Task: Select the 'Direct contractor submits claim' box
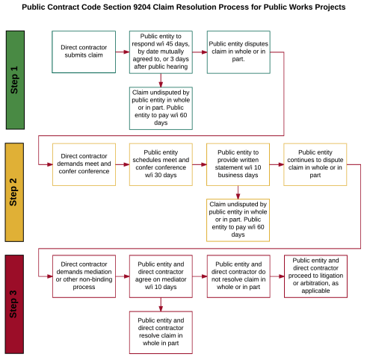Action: [x=83, y=52]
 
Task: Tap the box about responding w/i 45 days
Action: [x=160, y=52]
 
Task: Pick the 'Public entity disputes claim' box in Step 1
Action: [x=237, y=52]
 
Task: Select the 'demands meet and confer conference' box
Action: [x=83, y=164]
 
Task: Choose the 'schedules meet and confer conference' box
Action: [x=160, y=164]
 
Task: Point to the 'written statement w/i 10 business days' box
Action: [x=237, y=164]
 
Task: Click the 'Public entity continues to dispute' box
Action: [x=314, y=164]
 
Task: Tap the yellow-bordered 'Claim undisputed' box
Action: [x=237, y=220]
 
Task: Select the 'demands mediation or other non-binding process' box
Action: [x=83, y=276]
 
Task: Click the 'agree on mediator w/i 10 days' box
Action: [x=160, y=276]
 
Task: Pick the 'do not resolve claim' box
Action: [x=237, y=276]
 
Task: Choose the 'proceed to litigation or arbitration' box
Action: [x=314, y=276]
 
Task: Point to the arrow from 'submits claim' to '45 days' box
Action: [x=121, y=52]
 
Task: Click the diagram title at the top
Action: [x=183, y=7]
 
